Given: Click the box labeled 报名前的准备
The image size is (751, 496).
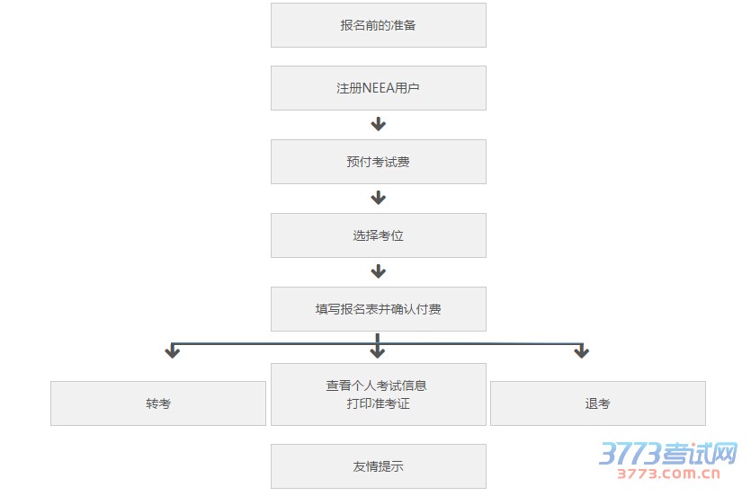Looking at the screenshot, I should (378, 25).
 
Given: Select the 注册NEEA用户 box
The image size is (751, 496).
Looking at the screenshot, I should (378, 88).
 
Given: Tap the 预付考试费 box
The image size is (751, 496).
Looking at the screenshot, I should (378, 162).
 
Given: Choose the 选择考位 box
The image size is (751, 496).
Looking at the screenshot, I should (378, 235).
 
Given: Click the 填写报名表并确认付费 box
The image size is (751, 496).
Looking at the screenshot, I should (378, 309).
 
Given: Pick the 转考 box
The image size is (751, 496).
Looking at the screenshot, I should (158, 403).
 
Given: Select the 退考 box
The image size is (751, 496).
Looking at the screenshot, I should (597, 403).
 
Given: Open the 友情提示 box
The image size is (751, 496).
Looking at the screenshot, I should (378, 466).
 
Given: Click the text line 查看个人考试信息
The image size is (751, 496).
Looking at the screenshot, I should (376, 385).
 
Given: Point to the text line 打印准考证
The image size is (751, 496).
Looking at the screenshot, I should (378, 403).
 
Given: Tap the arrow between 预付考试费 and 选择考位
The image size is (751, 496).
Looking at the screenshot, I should (379, 198).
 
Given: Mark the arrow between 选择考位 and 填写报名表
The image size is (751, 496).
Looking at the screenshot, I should (379, 271).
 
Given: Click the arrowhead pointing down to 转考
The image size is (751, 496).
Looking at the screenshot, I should (173, 351).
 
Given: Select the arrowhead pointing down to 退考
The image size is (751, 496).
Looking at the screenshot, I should (581, 351).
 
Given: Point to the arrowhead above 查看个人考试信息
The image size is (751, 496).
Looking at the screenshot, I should (379, 350).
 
